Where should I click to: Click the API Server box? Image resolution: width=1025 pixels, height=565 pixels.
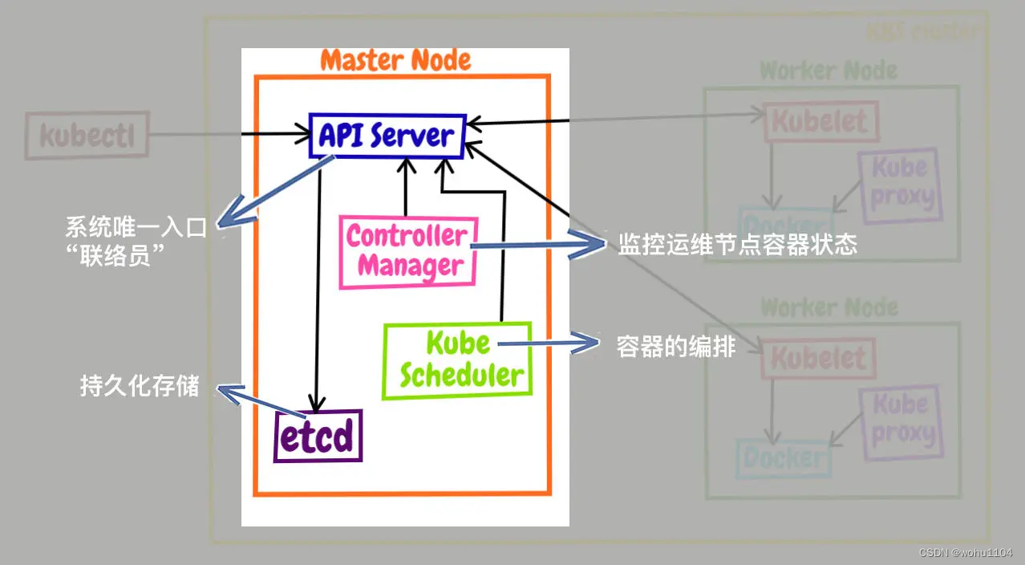pos(387,136)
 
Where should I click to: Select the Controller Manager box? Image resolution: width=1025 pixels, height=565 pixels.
pos(408,251)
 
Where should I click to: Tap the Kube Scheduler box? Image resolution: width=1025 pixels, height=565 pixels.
pos(457,360)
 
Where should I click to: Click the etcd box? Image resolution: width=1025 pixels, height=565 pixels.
pos(318,437)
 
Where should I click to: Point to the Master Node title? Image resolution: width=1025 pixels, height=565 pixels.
pos(395,60)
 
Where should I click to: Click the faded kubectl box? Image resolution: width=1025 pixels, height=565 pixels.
pos(87,135)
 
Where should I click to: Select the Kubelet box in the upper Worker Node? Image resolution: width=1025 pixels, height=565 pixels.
pos(820,123)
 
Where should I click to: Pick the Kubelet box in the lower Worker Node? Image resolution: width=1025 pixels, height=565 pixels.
pos(819,358)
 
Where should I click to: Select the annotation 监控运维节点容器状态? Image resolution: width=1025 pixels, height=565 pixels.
pos(737,245)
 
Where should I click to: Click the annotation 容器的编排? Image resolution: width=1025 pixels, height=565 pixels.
pos(676,347)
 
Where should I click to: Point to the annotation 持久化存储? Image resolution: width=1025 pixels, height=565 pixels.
pos(140,386)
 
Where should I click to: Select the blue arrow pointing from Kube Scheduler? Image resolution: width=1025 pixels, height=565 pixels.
pos(549,345)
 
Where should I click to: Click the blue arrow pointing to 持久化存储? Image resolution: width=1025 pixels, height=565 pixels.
pos(249,397)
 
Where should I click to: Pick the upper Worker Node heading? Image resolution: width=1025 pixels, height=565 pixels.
pos(829,71)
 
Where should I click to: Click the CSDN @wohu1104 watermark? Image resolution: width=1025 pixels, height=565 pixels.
pos(966,553)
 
